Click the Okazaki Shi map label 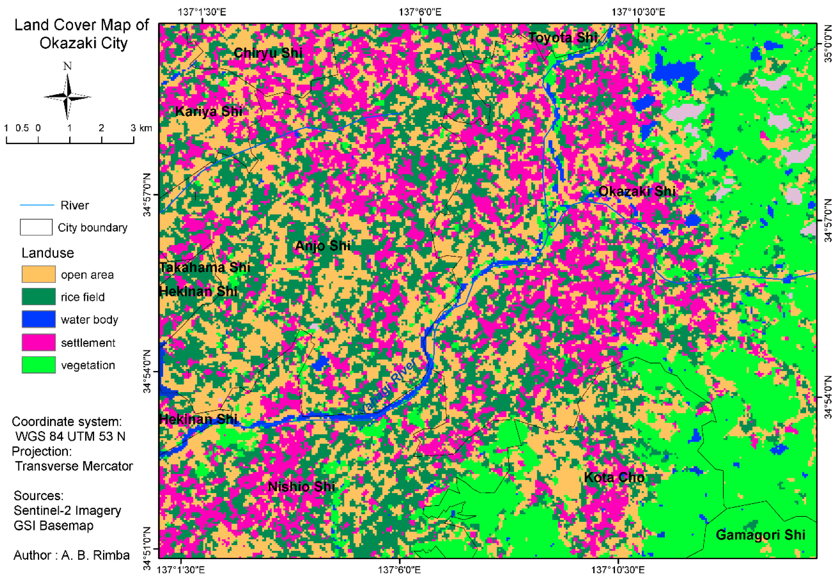637,191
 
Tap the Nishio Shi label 301,487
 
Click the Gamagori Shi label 760,535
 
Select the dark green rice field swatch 39,297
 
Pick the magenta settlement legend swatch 39,342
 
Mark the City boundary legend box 36,227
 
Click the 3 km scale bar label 141,128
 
